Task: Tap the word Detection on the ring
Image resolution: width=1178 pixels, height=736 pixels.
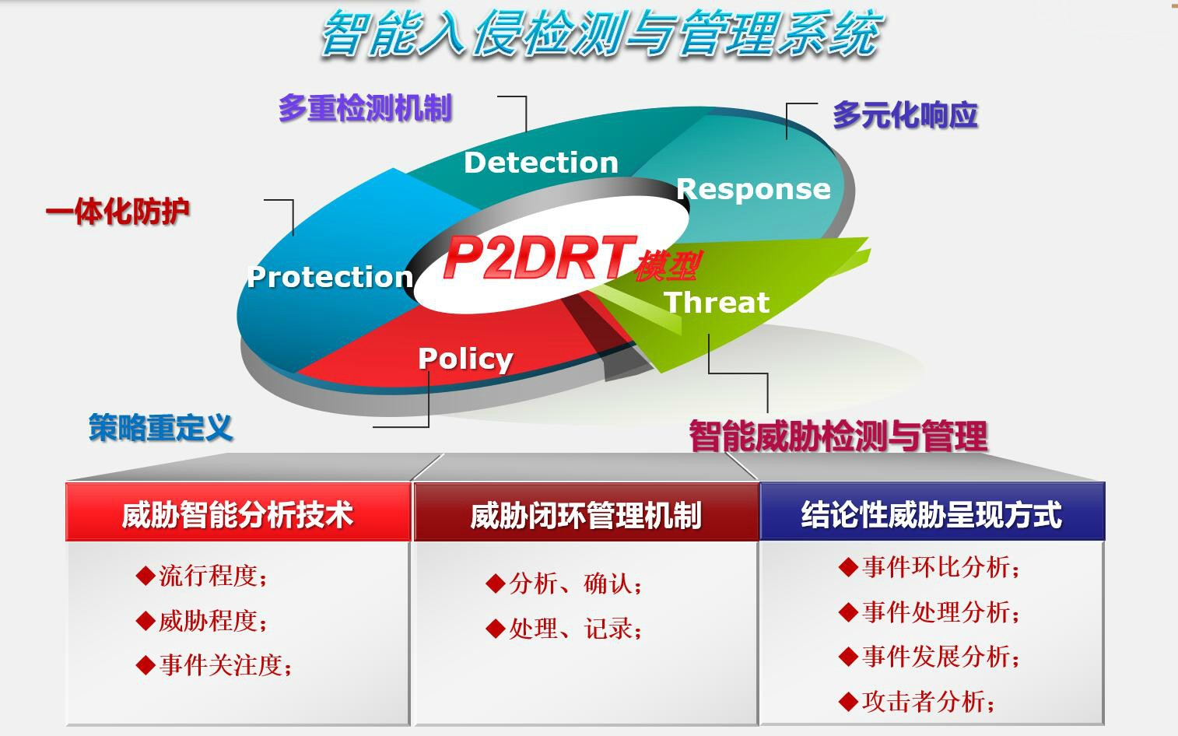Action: click(541, 163)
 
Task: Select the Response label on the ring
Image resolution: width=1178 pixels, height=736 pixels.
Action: click(754, 189)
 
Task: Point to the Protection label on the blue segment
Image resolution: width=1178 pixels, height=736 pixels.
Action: click(330, 276)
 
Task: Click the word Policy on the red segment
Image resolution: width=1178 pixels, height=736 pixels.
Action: click(465, 360)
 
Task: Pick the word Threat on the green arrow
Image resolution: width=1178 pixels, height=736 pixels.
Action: click(717, 303)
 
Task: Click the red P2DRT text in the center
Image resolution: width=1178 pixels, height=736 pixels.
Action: click(540, 258)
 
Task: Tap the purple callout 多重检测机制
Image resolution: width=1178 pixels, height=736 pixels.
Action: click(365, 108)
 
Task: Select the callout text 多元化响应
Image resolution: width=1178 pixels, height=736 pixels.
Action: click(905, 114)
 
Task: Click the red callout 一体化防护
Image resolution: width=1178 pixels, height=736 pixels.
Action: click(117, 212)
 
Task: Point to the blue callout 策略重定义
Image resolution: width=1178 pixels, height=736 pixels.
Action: click(160, 427)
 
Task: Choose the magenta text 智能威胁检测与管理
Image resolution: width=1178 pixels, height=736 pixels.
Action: click(838, 436)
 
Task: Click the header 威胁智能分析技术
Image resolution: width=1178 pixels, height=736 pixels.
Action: click(238, 515)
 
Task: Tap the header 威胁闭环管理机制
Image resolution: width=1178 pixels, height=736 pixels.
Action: click(586, 516)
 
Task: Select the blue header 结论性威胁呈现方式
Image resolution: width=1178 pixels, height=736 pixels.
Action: click(931, 515)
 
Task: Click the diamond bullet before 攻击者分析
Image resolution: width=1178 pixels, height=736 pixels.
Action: click(848, 701)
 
